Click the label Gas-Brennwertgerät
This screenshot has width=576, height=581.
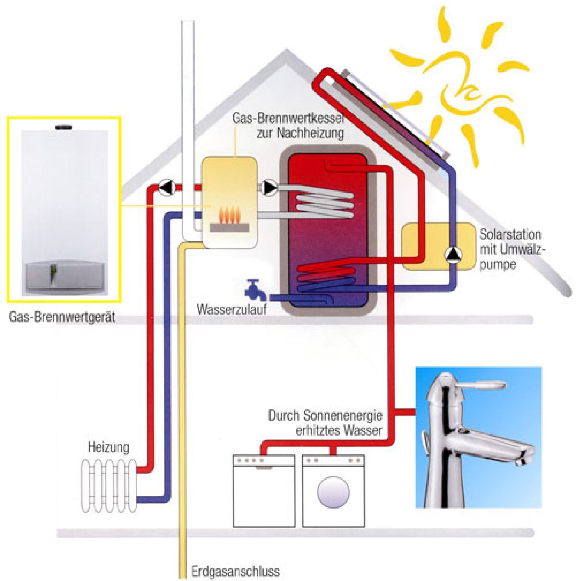point(62,317)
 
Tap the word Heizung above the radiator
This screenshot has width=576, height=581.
point(109,447)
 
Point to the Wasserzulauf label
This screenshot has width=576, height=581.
point(232,309)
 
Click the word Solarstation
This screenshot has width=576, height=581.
point(510,235)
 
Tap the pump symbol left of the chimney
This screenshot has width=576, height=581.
point(168,188)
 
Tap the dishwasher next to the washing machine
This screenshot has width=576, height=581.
point(264,490)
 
